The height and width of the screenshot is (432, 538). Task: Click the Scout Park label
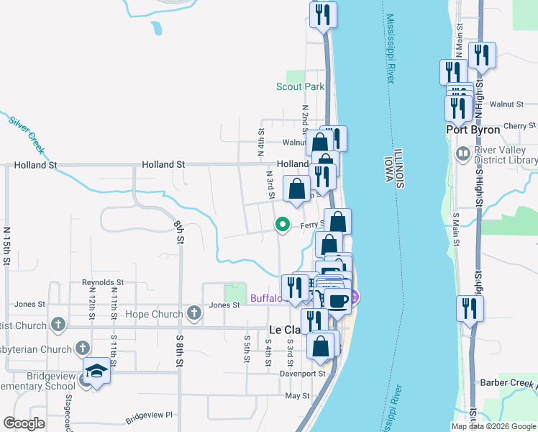coord(301,86)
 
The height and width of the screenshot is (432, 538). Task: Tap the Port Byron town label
coord(472,130)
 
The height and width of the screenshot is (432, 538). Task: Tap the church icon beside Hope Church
coord(193,313)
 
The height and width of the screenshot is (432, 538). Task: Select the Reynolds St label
coord(103,282)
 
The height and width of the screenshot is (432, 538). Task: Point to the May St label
coord(297,395)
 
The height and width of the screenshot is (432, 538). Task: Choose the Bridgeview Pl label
coord(150,415)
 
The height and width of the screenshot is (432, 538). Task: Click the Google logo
coord(24,423)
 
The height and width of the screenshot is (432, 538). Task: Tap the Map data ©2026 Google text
coord(493,426)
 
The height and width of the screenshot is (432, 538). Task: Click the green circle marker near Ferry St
coord(283,224)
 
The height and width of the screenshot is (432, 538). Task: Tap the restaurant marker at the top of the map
coord(322,14)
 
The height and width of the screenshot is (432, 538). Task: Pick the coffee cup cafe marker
coord(337,299)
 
